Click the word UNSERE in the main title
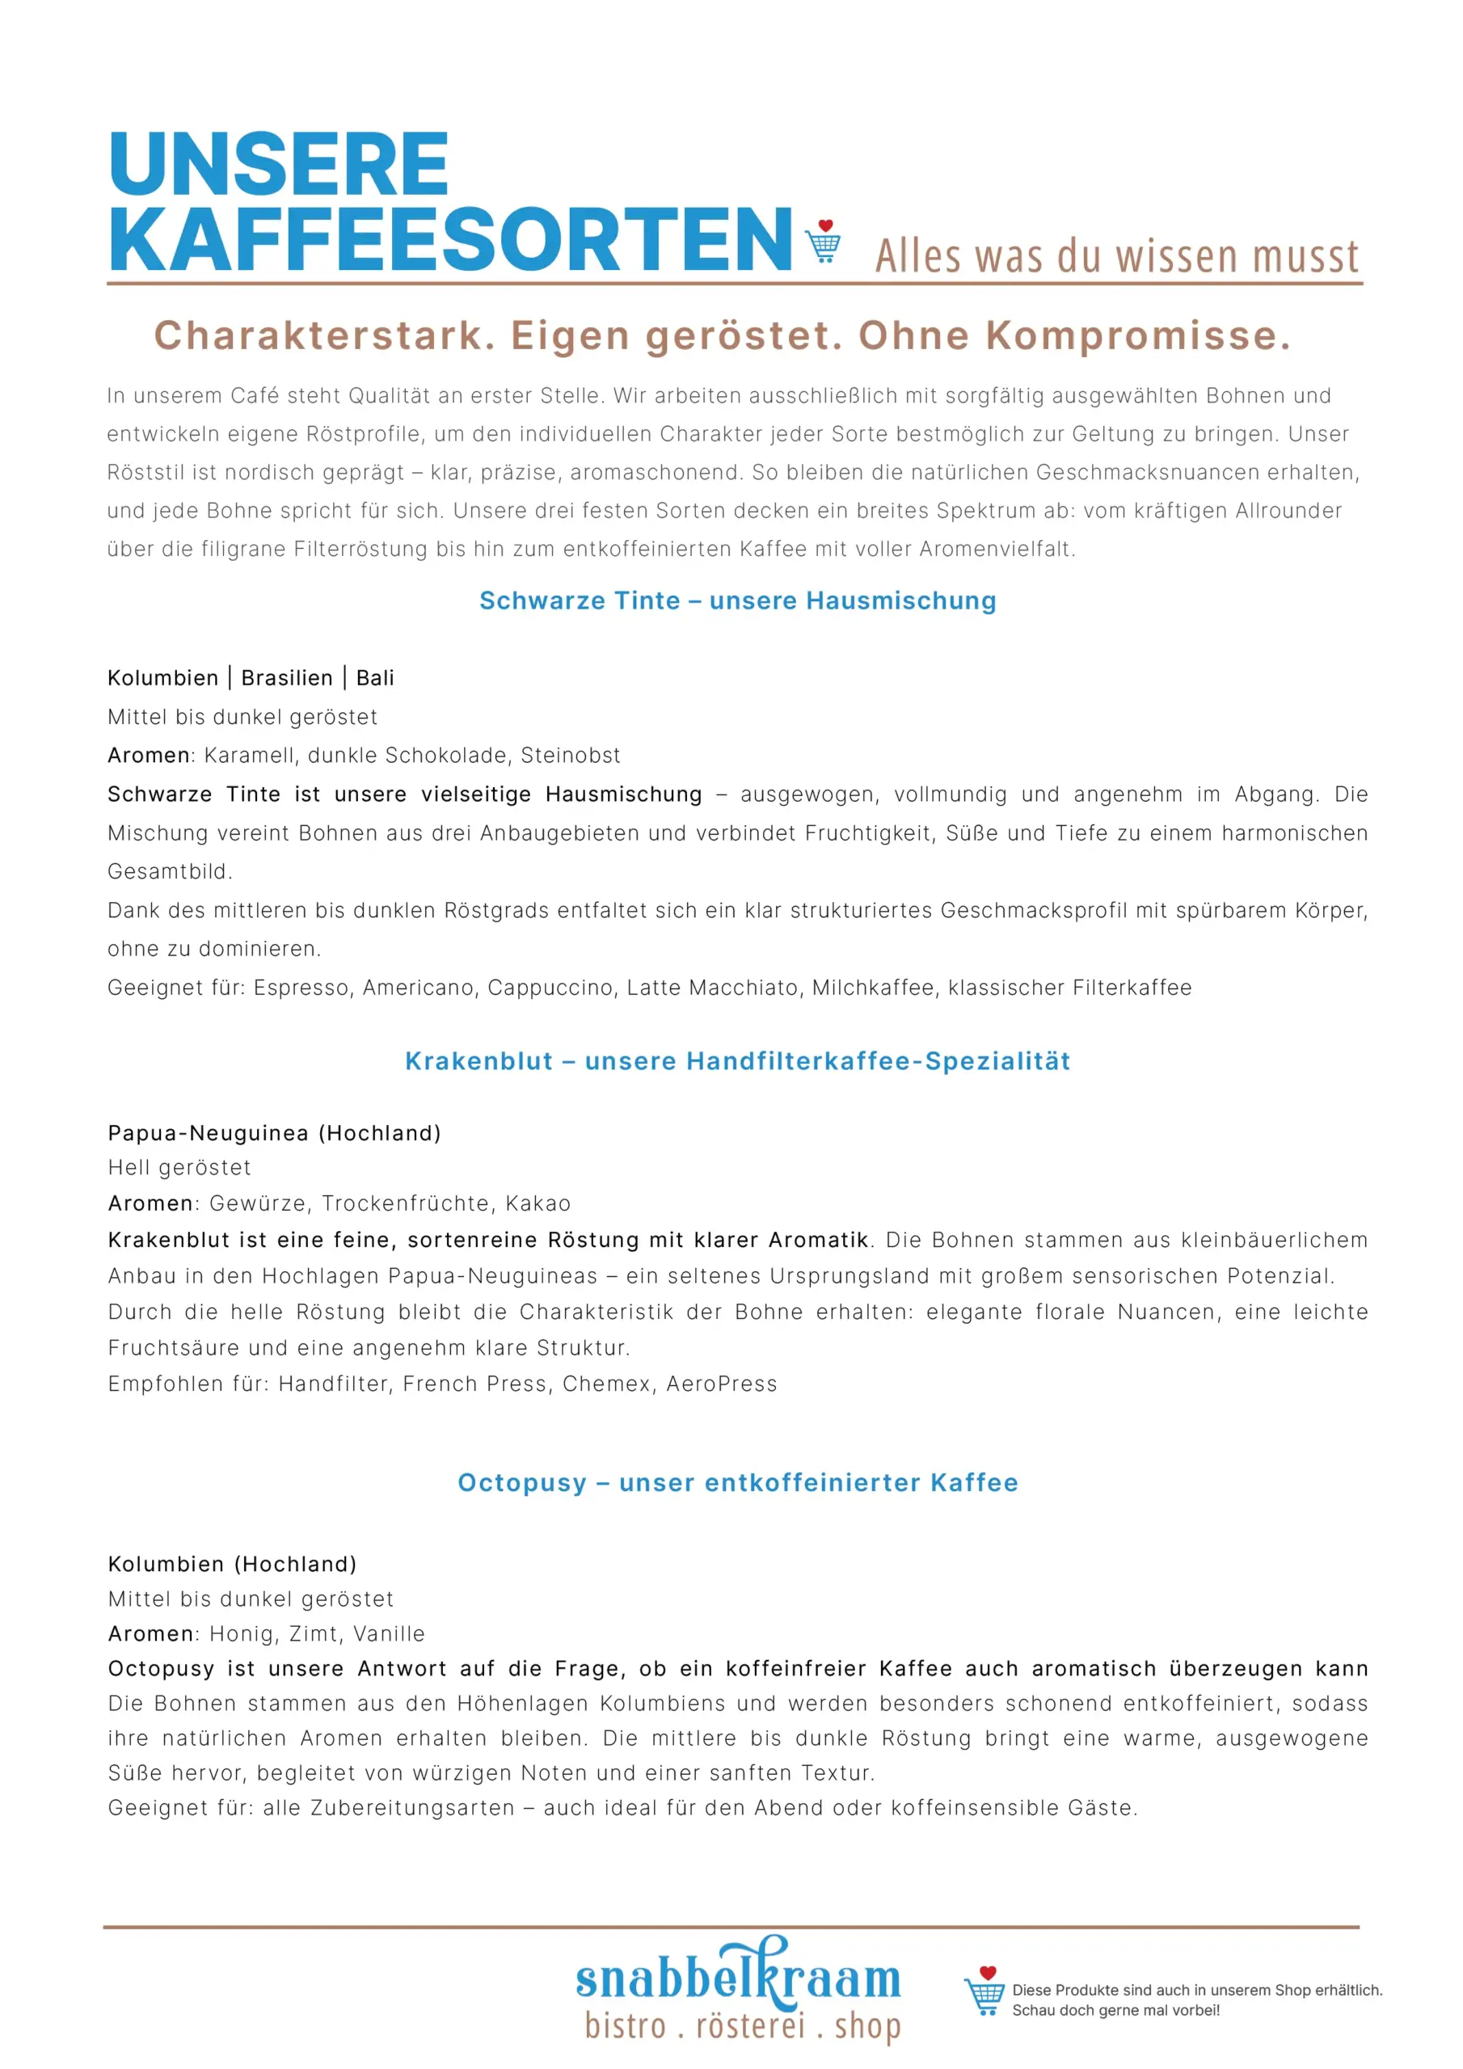point(279,164)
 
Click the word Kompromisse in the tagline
point(1137,336)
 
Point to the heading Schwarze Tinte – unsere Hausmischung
point(737,601)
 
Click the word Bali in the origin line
point(375,679)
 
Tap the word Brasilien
point(287,679)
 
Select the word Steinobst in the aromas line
point(571,756)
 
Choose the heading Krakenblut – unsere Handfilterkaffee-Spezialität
point(737,1061)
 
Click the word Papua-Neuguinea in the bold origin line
point(209,1134)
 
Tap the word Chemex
point(607,1384)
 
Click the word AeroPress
point(721,1384)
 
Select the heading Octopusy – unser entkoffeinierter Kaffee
point(737,1483)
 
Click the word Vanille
point(389,1635)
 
